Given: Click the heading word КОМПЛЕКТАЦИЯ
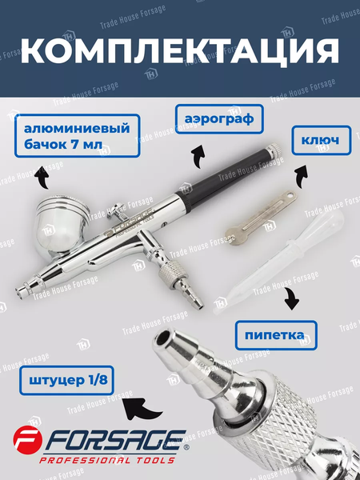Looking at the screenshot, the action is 180,51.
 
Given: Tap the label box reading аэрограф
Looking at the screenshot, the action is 219,119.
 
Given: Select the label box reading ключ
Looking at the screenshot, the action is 321,140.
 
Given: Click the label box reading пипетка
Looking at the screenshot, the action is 276,335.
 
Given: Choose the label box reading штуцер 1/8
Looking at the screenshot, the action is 66,381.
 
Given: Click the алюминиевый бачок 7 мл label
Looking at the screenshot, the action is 77,136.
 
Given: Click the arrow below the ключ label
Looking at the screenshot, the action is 302,177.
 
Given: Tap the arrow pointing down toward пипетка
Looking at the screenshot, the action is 291,298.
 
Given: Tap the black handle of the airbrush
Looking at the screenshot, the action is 230,178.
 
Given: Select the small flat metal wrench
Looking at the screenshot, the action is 261,214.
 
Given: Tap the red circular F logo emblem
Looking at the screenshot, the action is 27,439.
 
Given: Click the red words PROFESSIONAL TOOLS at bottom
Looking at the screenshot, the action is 107,460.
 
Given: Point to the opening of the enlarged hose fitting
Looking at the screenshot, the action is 162,338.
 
